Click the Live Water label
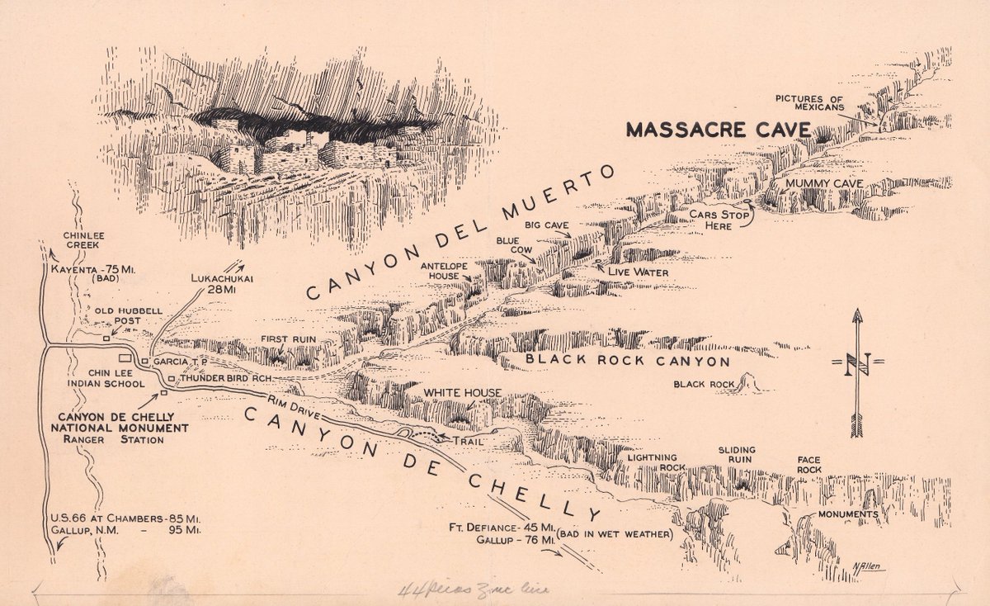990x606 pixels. pyautogui.click(x=638, y=272)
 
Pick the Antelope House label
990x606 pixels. pyautogui.click(x=445, y=272)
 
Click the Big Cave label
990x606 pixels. pyautogui.click(x=545, y=224)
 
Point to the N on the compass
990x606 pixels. pyautogui.click(x=857, y=363)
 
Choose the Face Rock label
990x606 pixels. pyautogui.click(x=809, y=465)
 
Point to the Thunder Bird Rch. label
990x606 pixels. pyautogui.click(x=226, y=378)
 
